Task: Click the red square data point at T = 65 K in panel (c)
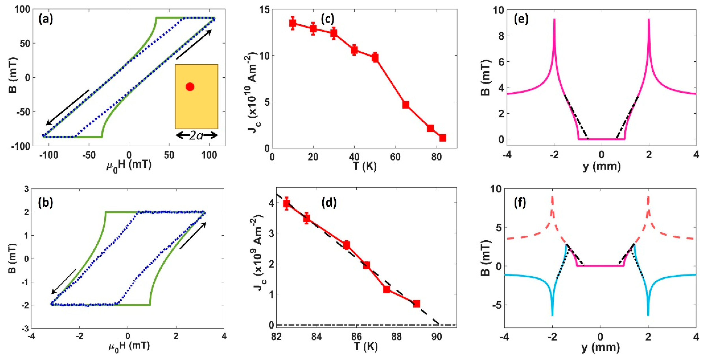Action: click(406, 104)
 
